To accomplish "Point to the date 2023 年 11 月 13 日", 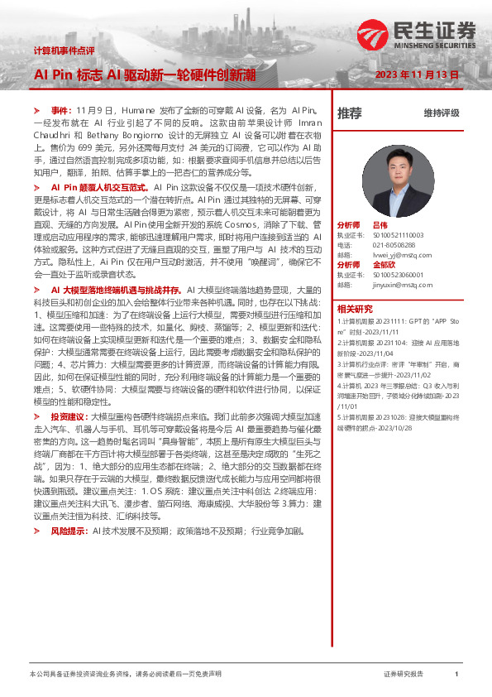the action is coord(417,75).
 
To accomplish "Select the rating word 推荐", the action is coord(349,113).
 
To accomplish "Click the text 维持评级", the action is coord(441,113).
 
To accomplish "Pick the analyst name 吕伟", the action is coord(380,224).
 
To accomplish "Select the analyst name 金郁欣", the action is coord(385,264).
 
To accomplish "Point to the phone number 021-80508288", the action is coord(393,244).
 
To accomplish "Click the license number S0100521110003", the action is coord(398,234).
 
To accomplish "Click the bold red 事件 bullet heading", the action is coord(61,110).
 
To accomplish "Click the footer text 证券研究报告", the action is coord(404,675).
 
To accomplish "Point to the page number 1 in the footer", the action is coord(456,675).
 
